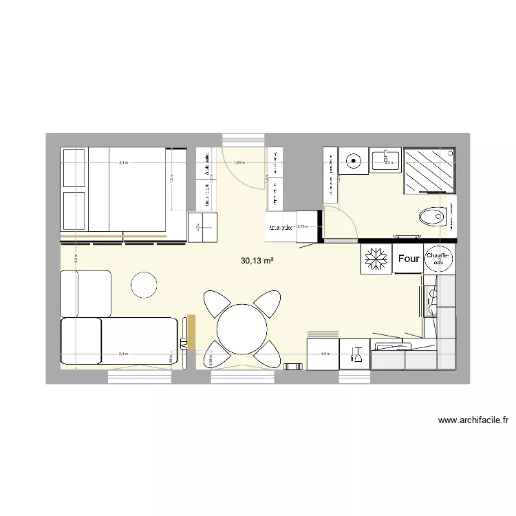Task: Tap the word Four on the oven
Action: coord(409,259)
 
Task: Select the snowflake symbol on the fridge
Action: coord(376,259)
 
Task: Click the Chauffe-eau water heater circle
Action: coord(438,259)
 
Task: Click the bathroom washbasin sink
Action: coord(386,160)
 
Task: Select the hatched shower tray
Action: coord(429,171)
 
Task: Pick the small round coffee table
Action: coord(144,285)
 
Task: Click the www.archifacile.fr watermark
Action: coord(476,420)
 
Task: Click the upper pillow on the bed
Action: coord(74,167)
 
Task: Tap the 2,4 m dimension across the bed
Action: coord(122,163)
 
